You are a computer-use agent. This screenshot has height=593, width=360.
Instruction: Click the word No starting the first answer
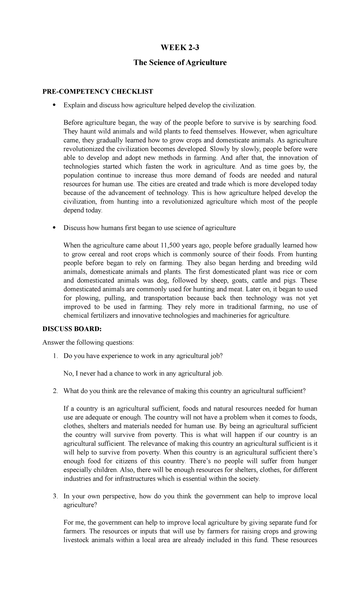tap(67, 374)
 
